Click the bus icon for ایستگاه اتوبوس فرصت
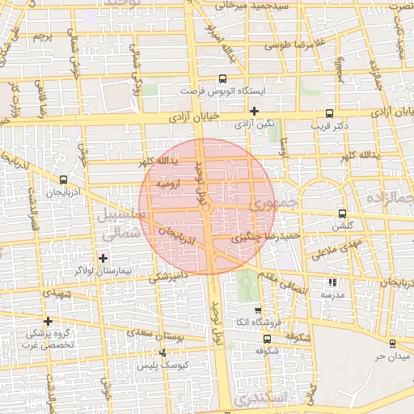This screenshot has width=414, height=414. coord(222,79)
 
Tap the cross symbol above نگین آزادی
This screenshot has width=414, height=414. coord(255,112)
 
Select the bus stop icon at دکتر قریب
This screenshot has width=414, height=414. coord(328,114)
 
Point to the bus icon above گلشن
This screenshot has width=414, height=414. coord(342,214)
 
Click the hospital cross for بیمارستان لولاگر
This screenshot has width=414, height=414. coord(103,258)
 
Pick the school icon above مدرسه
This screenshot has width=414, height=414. coord(332,282)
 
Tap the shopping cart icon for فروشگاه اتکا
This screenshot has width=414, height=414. coord(258,311)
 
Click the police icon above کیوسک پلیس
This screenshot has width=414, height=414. coord(164,353)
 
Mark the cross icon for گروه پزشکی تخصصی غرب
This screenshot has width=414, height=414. coord(49,321)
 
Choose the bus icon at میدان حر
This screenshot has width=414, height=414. coord(392,344)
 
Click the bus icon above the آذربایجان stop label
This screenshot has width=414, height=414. coord(64,180)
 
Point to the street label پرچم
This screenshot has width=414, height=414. coord(42,37)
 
